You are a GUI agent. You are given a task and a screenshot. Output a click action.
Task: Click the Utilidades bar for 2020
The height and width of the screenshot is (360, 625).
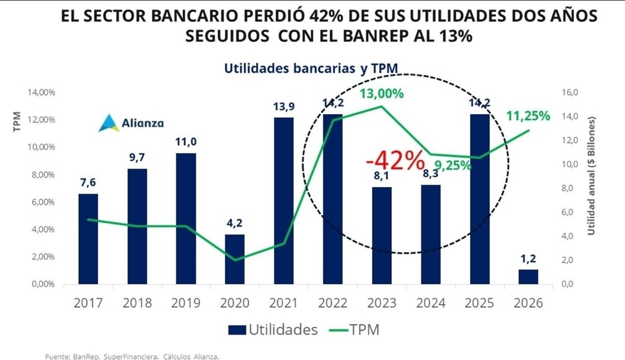click(235, 259)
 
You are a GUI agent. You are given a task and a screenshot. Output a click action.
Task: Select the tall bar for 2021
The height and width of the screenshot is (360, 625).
click(284, 200)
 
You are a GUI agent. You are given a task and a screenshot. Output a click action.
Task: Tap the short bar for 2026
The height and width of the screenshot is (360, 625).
click(528, 277)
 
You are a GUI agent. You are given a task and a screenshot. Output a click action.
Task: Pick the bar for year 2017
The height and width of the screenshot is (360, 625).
click(88, 238)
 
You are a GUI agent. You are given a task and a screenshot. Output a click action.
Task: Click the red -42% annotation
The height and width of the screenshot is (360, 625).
click(395, 161)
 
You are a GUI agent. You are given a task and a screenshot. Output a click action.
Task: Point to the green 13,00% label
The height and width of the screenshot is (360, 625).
click(381, 93)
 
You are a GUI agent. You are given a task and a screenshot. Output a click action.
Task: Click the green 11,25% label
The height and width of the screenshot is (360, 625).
click(528, 116)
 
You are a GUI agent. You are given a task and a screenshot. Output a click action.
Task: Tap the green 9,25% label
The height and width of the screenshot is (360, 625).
click(452, 166)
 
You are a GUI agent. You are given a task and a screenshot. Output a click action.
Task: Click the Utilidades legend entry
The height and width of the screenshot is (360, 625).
click(272, 330)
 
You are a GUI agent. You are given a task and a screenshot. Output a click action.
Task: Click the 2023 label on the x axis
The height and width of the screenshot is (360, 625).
click(381, 303)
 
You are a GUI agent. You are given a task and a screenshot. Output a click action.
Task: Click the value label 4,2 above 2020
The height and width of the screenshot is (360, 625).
click(235, 223)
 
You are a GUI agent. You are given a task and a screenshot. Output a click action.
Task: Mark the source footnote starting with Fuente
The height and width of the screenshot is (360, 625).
click(132, 357)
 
